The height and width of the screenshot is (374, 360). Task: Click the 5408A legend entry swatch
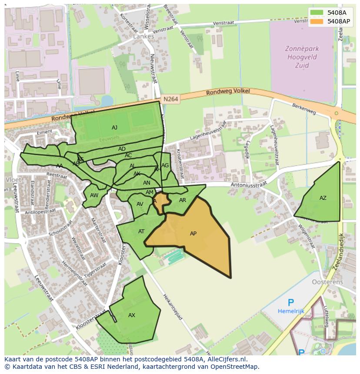pos(317,13)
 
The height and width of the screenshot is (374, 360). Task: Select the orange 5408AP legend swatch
pos(317,21)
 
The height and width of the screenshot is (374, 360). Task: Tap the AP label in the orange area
pos(193,234)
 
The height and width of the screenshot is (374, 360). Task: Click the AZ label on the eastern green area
pos(323,198)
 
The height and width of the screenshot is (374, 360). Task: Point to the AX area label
pos(132,315)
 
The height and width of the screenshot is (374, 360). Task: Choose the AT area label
pos(141,232)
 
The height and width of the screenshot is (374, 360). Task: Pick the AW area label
pos(94,195)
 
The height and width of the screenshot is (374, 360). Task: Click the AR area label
pos(183,200)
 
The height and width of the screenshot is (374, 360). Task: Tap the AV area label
pos(140,204)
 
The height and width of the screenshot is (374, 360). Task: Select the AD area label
pos(122,149)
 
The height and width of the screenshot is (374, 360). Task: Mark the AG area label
pos(165,165)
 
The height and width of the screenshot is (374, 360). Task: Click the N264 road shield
pos(171,99)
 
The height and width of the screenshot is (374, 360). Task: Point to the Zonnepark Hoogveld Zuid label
pos(302,57)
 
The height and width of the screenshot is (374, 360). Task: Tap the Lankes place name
pos(143,36)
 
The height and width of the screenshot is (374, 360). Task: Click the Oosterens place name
pos(327,282)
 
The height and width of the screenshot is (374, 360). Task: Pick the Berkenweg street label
pos(303,109)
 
